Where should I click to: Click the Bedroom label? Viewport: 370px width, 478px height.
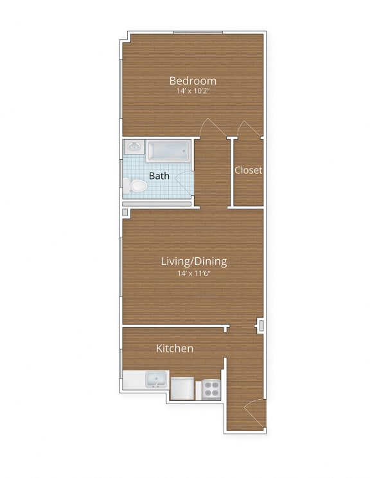[x=193, y=81]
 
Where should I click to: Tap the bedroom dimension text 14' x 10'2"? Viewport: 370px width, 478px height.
[x=193, y=92]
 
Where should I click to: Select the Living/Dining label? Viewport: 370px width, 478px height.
[x=193, y=261]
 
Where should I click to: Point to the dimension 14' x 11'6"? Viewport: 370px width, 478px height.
[x=193, y=273]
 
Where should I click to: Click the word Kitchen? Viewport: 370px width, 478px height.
[x=175, y=348]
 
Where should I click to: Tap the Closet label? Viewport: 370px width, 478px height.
[x=248, y=170]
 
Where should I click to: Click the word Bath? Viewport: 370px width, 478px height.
[x=159, y=175]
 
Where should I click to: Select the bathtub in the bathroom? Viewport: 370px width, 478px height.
[x=168, y=151]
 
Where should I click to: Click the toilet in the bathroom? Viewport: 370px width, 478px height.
[x=136, y=186]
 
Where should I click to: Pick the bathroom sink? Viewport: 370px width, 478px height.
[x=134, y=148]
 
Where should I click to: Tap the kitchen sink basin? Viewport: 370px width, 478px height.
[x=155, y=380]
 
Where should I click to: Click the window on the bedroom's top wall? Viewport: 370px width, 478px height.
[x=198, y=31]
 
